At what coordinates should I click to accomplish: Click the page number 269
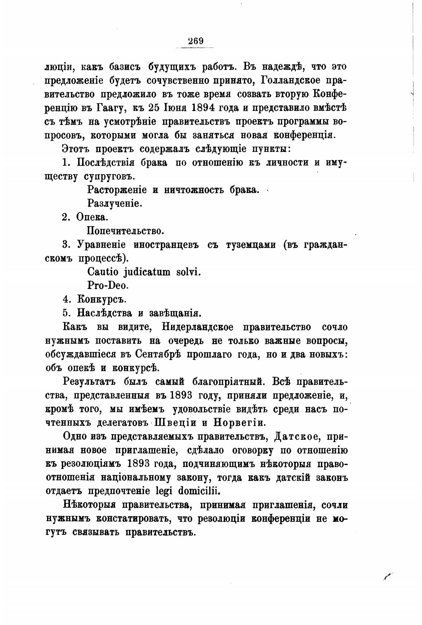(x=196, y=41)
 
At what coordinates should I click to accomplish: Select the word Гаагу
(x=114, y=108)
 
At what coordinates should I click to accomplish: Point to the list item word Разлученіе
(x=115, y=203)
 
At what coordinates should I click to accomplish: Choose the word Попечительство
(x=125, y=231)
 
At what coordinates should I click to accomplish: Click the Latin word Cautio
(x=103, y=272)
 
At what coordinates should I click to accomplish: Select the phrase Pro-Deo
(x=108, y=285)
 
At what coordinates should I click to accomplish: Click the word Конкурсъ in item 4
(x=99, y=299)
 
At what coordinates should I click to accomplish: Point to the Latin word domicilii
(x=199, y=491)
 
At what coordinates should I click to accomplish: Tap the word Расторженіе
(x=117, y=190)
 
